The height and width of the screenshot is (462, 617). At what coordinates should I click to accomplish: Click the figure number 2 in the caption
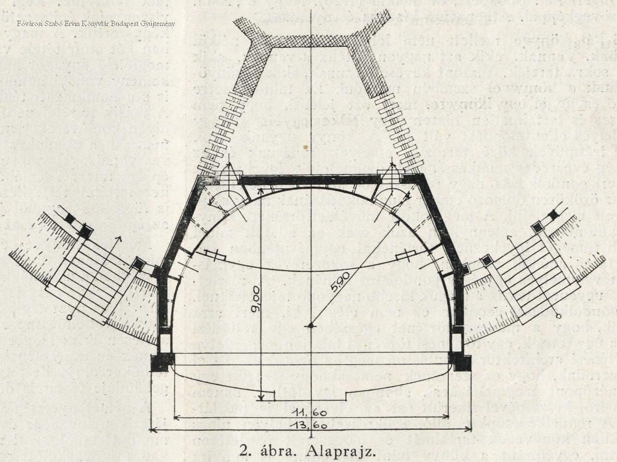[244, 450]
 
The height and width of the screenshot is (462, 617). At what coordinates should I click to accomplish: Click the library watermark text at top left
[95, 23]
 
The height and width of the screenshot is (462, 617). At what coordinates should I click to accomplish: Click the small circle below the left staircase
[70, 317]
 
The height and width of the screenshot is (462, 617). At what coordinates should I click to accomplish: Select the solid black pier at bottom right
[457, 360]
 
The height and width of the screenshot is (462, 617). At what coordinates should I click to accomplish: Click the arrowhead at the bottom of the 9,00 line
[261, 396]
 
